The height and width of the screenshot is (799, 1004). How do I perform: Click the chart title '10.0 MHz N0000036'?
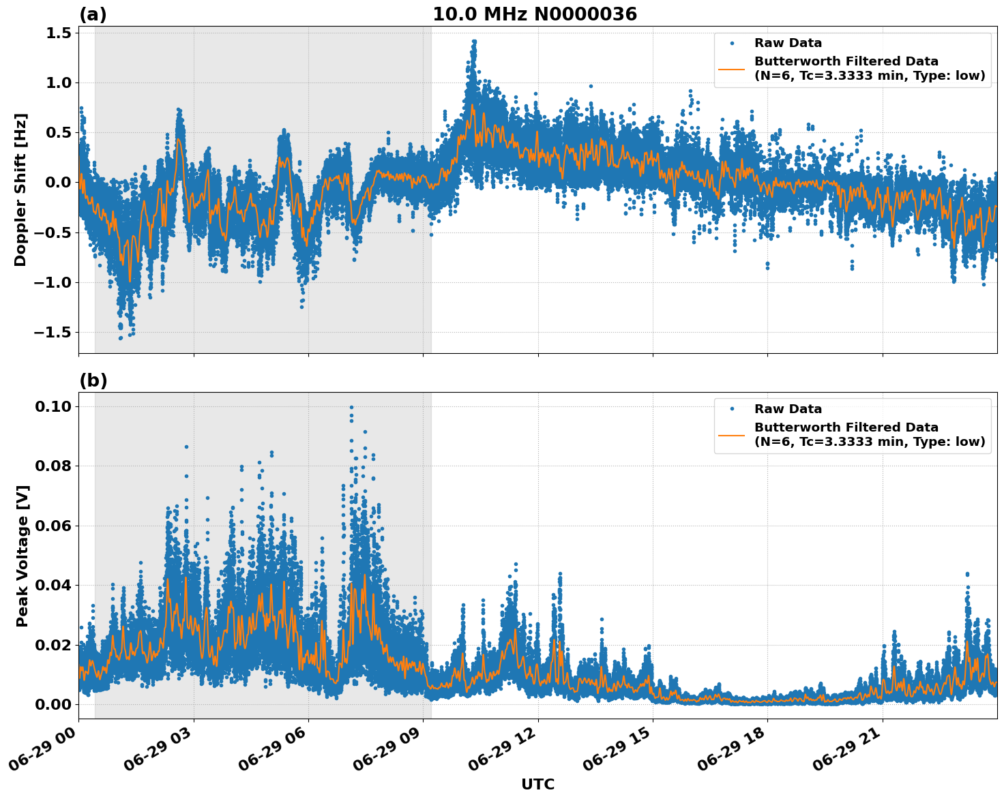(x=534, y=14)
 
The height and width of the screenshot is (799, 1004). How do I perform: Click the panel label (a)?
(x=93, y=14)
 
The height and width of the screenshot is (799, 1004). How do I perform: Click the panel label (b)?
(x=93, y=380)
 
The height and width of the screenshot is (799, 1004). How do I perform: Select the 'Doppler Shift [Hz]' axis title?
(x=20, y=190)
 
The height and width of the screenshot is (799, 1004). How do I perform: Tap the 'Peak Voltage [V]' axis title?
(x=22, y=556)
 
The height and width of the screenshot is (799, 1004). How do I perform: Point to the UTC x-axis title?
(x=537, y=784)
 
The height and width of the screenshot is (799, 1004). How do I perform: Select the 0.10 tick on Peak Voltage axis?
(x=53, y=406)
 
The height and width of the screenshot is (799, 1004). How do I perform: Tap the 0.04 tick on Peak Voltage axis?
(x=53, y=585)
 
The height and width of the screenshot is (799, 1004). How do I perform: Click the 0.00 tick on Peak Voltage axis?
(x=53, y=704)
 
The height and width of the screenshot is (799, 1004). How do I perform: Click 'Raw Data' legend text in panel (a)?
(x=788, y=43)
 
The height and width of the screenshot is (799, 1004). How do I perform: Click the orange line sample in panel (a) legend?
(x=731, y=68)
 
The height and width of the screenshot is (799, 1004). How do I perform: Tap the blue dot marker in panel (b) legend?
(x=731, y=409)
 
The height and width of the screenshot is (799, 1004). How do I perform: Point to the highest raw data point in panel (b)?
(x=351, y=408)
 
